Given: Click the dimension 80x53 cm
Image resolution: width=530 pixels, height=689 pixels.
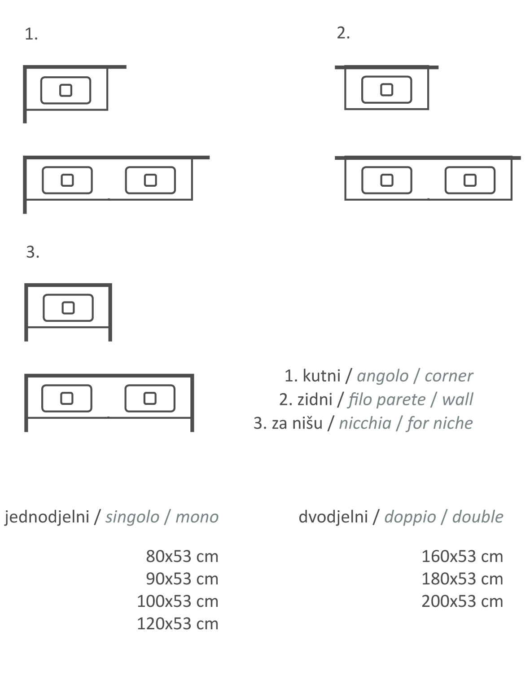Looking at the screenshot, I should point(182,557).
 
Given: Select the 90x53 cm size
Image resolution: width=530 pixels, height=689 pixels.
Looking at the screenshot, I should point(182,579).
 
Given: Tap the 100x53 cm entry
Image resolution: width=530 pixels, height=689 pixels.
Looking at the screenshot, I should point(177,601).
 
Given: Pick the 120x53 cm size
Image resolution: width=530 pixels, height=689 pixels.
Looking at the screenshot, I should point(177,624).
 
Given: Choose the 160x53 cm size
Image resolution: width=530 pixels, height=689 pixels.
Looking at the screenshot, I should point(462,557).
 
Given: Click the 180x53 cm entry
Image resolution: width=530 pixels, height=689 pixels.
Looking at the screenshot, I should point(462,579).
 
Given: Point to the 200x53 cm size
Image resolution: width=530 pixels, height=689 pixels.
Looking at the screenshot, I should point(462,601).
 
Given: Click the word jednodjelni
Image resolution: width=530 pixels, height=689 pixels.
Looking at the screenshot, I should point(47,517).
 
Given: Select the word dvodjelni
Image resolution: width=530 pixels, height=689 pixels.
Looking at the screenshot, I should point(333,517).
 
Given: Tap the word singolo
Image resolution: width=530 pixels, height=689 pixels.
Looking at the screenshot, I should point(132,517).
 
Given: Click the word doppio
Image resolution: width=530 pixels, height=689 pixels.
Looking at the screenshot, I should point(410,517).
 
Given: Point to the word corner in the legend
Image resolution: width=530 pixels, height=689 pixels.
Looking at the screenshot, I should point(448,376).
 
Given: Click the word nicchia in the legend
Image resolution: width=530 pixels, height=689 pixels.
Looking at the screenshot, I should point(365,423).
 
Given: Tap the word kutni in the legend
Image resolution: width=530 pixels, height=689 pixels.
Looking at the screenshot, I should point(321,376).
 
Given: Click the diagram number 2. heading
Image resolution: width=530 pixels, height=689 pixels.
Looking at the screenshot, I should point(343,33).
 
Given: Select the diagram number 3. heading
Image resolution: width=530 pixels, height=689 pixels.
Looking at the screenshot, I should point(33,252).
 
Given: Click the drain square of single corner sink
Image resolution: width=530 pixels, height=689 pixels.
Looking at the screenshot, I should point(66,90).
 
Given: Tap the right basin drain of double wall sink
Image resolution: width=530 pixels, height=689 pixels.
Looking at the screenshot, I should point(470,180).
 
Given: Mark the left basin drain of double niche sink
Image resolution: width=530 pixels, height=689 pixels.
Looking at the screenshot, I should point(67,398).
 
